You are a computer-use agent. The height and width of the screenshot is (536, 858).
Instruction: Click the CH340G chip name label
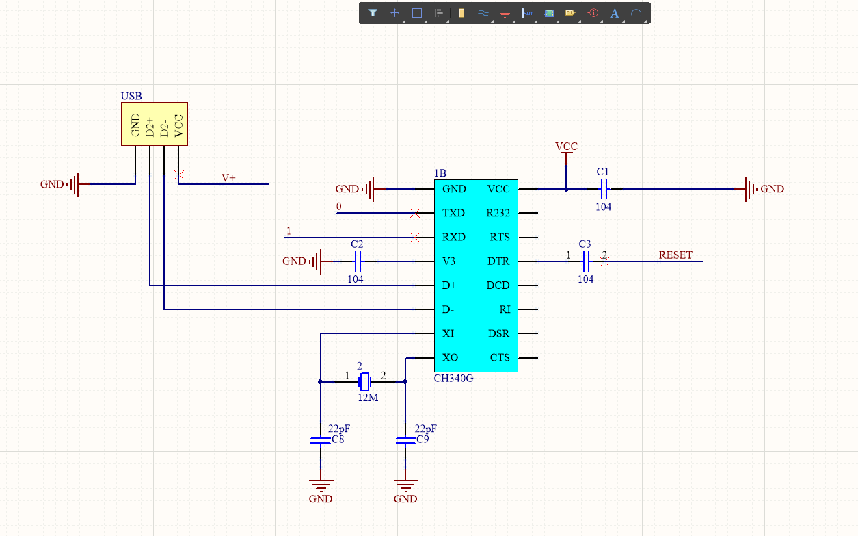[453, 379]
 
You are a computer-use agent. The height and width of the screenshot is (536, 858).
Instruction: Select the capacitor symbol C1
[603, 189]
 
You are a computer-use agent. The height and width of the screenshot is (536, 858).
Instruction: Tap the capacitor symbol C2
[357, 261]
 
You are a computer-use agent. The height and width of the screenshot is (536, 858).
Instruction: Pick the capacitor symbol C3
[585, 261]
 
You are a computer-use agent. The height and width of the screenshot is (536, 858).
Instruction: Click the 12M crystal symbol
[365, 381]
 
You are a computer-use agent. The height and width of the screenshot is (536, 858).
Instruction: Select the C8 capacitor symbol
[320, 439]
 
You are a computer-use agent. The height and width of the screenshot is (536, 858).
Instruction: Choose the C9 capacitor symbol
[405, 439]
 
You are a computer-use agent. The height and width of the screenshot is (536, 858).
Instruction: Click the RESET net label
[675, 255]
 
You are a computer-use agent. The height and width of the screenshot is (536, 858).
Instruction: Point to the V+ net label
[228, 178]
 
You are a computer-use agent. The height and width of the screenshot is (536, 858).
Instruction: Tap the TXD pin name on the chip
[453, 214]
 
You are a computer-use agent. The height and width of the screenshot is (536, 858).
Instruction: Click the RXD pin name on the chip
[453, 238]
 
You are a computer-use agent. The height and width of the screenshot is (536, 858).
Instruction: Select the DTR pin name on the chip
[498, 261]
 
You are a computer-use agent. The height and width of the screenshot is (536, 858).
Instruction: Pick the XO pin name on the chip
[450, 358]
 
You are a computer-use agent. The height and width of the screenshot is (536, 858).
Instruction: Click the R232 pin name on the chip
[498, 214]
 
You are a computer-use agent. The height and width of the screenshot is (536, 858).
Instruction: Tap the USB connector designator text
[131, 97]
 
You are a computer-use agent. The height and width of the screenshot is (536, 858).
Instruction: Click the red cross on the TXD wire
[414, 214]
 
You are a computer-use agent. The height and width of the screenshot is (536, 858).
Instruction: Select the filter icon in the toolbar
[373, 13]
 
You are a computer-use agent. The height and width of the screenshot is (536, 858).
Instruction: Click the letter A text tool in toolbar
[614, 13]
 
